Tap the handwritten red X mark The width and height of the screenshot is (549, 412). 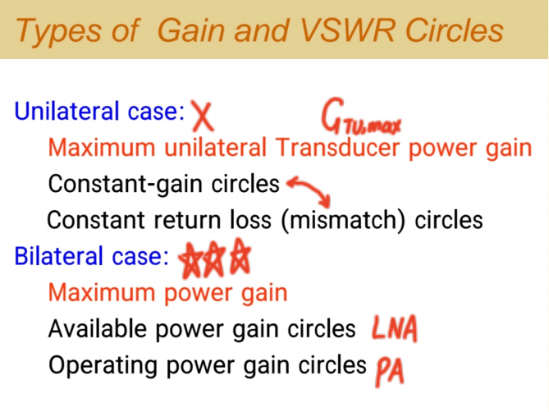[x=202, y=117]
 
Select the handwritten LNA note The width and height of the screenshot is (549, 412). [x=395, y=329]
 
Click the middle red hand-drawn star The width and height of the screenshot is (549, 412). [x=216, y=260]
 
